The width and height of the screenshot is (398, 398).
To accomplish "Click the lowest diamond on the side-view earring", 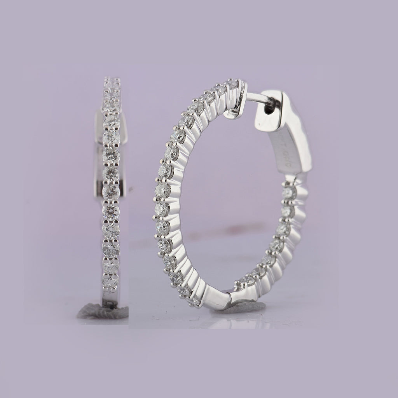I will coord(111,283).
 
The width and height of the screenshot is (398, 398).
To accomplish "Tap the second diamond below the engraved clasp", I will coord(286,212).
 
